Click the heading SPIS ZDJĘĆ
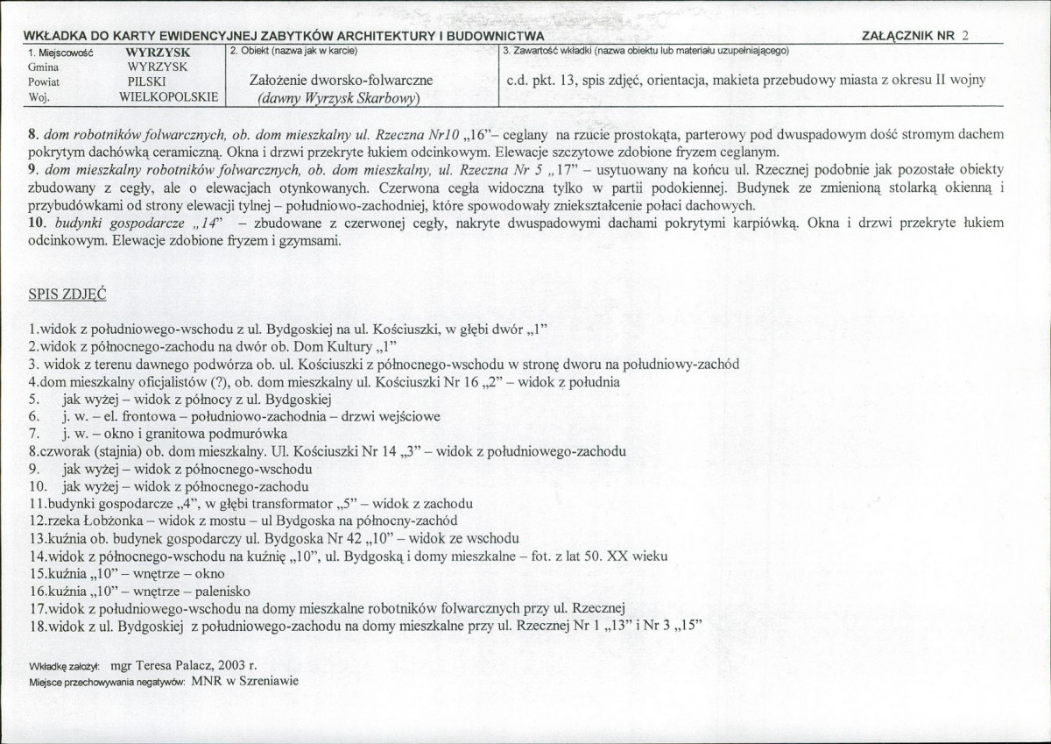[67, 294]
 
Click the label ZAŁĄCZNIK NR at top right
[908, 36]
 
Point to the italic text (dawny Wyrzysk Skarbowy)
[339, 97]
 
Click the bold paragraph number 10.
[36, 223]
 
